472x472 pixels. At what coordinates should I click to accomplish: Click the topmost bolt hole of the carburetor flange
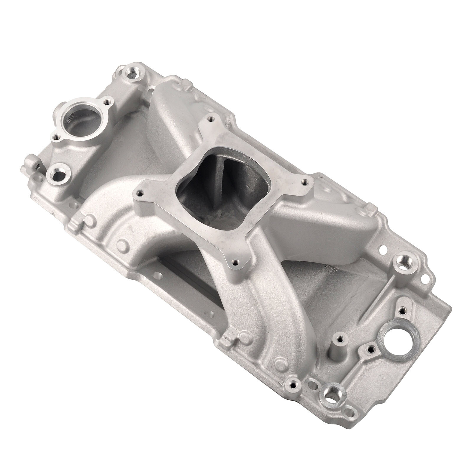[210, 119]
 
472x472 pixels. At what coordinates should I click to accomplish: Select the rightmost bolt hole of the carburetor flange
[305, 183]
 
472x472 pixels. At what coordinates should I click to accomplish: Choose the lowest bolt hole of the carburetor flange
[235, 261]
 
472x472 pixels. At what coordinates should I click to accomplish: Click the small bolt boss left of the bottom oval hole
[293, 385]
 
